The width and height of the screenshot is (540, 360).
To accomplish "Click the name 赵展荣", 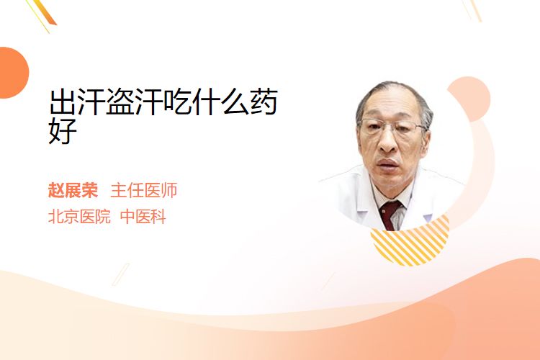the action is tap(73, 190).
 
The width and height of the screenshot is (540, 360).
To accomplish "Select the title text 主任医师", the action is tap(144, 190).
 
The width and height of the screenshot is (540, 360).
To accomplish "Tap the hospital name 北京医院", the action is tap(79, 217).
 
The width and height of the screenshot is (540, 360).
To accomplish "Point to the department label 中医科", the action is tap(143, 217).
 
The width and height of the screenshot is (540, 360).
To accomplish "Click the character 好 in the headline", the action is tap(63, 130).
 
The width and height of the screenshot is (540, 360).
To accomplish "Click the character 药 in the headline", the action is tap(264, 102).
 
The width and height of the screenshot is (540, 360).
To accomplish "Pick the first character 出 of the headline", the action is tap(63, 102).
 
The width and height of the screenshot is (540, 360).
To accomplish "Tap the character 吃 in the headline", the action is tap(178, 102).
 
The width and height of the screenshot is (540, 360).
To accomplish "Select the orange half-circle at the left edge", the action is tap(14, 73).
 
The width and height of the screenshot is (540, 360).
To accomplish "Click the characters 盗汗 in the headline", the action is tap(135, 102).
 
